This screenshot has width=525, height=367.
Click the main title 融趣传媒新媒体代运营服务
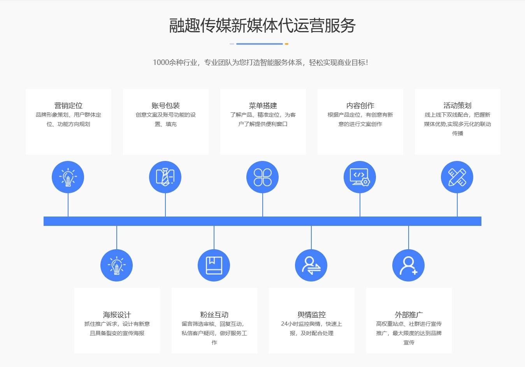click(262, 25)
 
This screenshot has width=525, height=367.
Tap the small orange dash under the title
click(286, 44)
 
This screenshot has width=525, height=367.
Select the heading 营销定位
click(68, 106)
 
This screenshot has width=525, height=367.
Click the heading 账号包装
click(166, 106)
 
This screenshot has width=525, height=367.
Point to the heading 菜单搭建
click(263, 106)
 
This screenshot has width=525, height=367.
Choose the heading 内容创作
click(360, 106)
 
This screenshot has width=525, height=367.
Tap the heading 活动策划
click(457, 106)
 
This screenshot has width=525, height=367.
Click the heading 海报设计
click(117, 315)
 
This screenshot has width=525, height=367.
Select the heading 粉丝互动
click(214, 315)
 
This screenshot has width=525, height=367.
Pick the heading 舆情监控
click(311, 315)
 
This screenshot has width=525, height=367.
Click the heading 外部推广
click(409, 315)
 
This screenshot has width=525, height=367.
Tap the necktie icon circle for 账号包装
click(165, 177)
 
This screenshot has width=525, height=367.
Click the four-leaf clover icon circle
click(262, 177)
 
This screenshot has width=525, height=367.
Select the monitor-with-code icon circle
click(360, 177)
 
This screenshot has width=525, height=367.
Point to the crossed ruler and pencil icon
click(457, 177)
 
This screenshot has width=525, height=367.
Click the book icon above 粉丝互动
click(214, 266)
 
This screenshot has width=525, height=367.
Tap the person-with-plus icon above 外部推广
click(408, 266)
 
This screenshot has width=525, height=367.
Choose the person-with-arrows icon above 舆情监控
click(311, 266)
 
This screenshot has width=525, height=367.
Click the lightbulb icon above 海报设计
click(116, 266)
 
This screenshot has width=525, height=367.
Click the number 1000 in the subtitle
click(161, 63)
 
